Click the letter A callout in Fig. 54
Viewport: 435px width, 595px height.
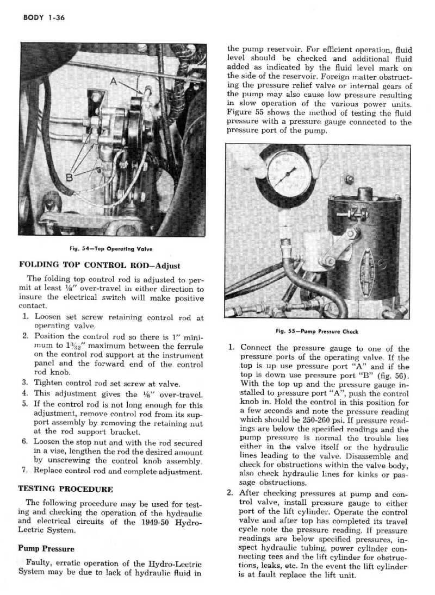113,83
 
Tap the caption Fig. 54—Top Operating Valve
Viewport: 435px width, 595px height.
111,249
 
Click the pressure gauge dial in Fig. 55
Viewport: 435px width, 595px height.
290,172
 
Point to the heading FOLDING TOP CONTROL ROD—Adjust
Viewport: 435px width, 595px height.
100,266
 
